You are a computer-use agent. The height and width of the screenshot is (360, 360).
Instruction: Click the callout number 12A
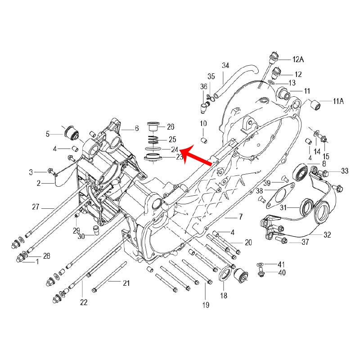pos(298,59)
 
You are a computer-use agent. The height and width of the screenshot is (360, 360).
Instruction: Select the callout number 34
pos(225,65)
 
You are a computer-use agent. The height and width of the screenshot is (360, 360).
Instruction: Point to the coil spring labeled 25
pos(153,139)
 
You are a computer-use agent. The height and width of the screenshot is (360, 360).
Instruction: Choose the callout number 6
pos(137,129)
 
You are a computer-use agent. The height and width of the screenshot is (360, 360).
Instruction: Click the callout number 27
pos(36,207)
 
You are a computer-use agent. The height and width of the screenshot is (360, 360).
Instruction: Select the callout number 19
pos(206,305)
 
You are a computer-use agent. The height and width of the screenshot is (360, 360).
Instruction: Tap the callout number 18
pos(224,296)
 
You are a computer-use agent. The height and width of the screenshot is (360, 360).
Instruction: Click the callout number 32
pos(328,235)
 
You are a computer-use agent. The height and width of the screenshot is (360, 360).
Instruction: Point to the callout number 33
pos(345,171)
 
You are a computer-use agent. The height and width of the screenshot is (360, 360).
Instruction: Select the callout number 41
pos(281,264)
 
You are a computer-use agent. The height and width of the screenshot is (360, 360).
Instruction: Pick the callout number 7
pos(240,217)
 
